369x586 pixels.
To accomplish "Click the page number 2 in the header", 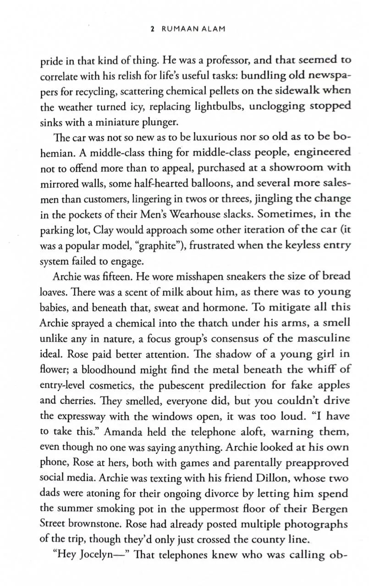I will (152, 29).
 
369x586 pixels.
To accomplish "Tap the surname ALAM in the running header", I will (211, 29).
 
